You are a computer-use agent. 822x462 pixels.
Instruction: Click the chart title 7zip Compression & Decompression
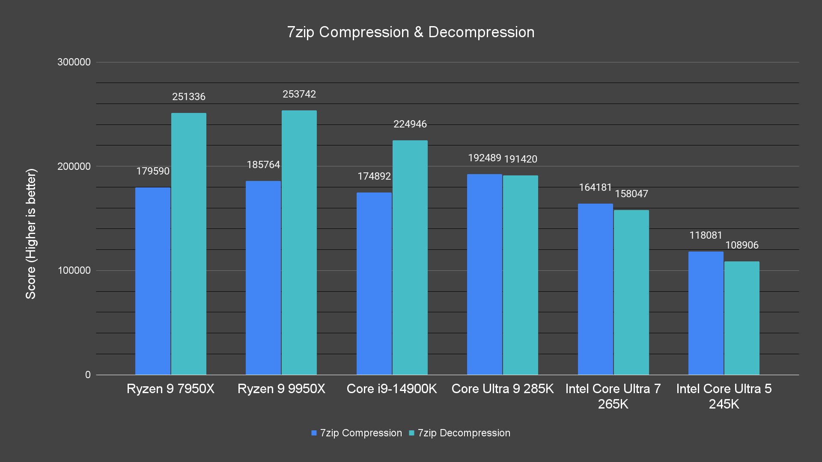411,32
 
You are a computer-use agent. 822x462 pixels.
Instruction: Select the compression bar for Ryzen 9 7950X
153,281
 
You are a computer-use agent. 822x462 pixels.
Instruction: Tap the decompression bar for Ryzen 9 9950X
299,243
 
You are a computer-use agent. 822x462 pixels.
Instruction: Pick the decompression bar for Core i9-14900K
410,258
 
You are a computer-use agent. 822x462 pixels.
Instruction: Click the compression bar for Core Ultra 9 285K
485,274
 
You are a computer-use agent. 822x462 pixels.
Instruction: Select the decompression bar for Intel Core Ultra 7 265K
631,292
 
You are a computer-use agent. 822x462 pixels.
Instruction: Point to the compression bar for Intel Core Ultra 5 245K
706,313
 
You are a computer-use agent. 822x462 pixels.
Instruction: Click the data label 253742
299,94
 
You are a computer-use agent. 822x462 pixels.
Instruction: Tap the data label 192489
484,158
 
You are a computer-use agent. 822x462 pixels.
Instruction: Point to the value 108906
742,245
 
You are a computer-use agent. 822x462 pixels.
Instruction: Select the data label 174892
374,176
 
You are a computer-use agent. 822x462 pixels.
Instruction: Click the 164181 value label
595,187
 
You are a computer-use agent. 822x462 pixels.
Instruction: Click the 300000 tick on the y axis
74,62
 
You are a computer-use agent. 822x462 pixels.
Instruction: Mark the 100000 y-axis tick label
74,270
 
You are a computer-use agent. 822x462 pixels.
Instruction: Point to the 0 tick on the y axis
88,375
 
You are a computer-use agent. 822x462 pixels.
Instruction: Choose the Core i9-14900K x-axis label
392,389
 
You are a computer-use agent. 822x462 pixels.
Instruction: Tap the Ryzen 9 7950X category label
170,389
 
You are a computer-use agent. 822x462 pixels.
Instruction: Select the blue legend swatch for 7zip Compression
314,433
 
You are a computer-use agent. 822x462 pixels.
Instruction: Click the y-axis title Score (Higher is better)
31,234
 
